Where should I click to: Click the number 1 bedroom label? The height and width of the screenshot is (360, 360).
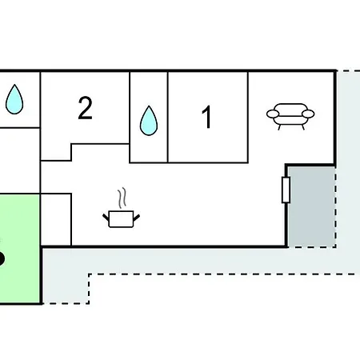[x=207, y=117]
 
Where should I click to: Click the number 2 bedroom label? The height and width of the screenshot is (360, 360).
[x=86, y=108]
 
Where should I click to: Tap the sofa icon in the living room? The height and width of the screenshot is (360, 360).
[x=290, y=116]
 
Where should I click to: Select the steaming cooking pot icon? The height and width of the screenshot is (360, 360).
[x=122, y=208]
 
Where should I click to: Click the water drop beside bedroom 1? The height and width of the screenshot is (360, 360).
[x=149, y=121]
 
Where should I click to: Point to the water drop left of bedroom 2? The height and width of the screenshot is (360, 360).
[x=14, y=99]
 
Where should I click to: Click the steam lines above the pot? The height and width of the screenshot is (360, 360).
[x=122, y=198]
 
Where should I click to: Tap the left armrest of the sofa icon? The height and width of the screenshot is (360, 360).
[x=273, y=114]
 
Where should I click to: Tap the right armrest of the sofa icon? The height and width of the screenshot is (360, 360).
[x=308, y=114]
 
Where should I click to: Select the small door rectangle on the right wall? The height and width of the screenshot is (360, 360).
[x=286, y=190]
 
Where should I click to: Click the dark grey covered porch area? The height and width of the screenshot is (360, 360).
[x=311, y=206]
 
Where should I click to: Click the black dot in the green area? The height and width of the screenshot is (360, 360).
[x=1, y=258]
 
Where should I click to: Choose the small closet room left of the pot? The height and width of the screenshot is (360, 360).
[x=56, y=219]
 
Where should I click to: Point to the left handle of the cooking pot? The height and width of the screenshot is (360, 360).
[x=106, y=217]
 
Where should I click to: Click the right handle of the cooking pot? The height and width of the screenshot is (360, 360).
[x=137, y=218]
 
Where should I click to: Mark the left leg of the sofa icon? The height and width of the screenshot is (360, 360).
[x=279, y=127]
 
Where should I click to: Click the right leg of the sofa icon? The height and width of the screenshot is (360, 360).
[x=302, y=127]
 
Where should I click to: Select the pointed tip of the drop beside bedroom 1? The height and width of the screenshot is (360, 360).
[x=149, y=106]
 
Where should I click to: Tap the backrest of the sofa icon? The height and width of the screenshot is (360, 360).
[x=290, y=107]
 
